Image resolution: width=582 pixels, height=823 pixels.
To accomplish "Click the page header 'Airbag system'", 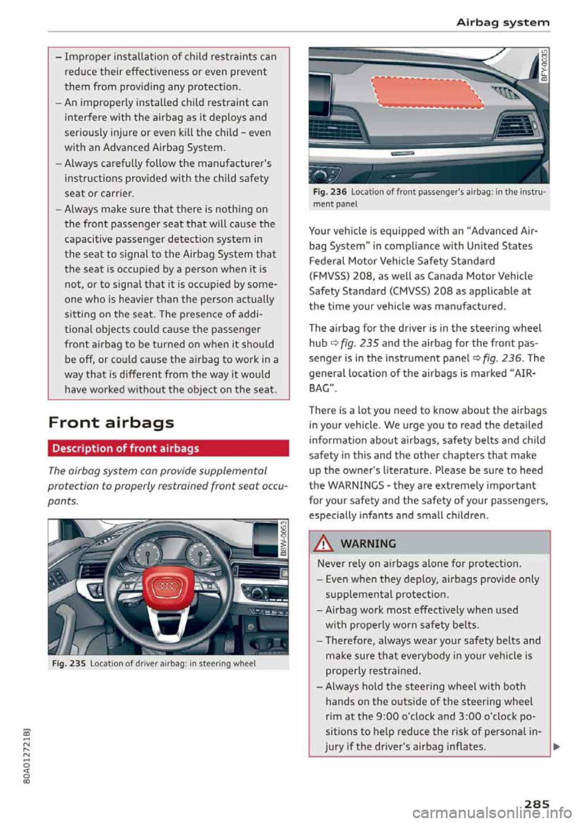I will tap(503, 22).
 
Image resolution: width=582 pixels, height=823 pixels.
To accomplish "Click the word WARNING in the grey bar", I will tap(368, 544).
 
